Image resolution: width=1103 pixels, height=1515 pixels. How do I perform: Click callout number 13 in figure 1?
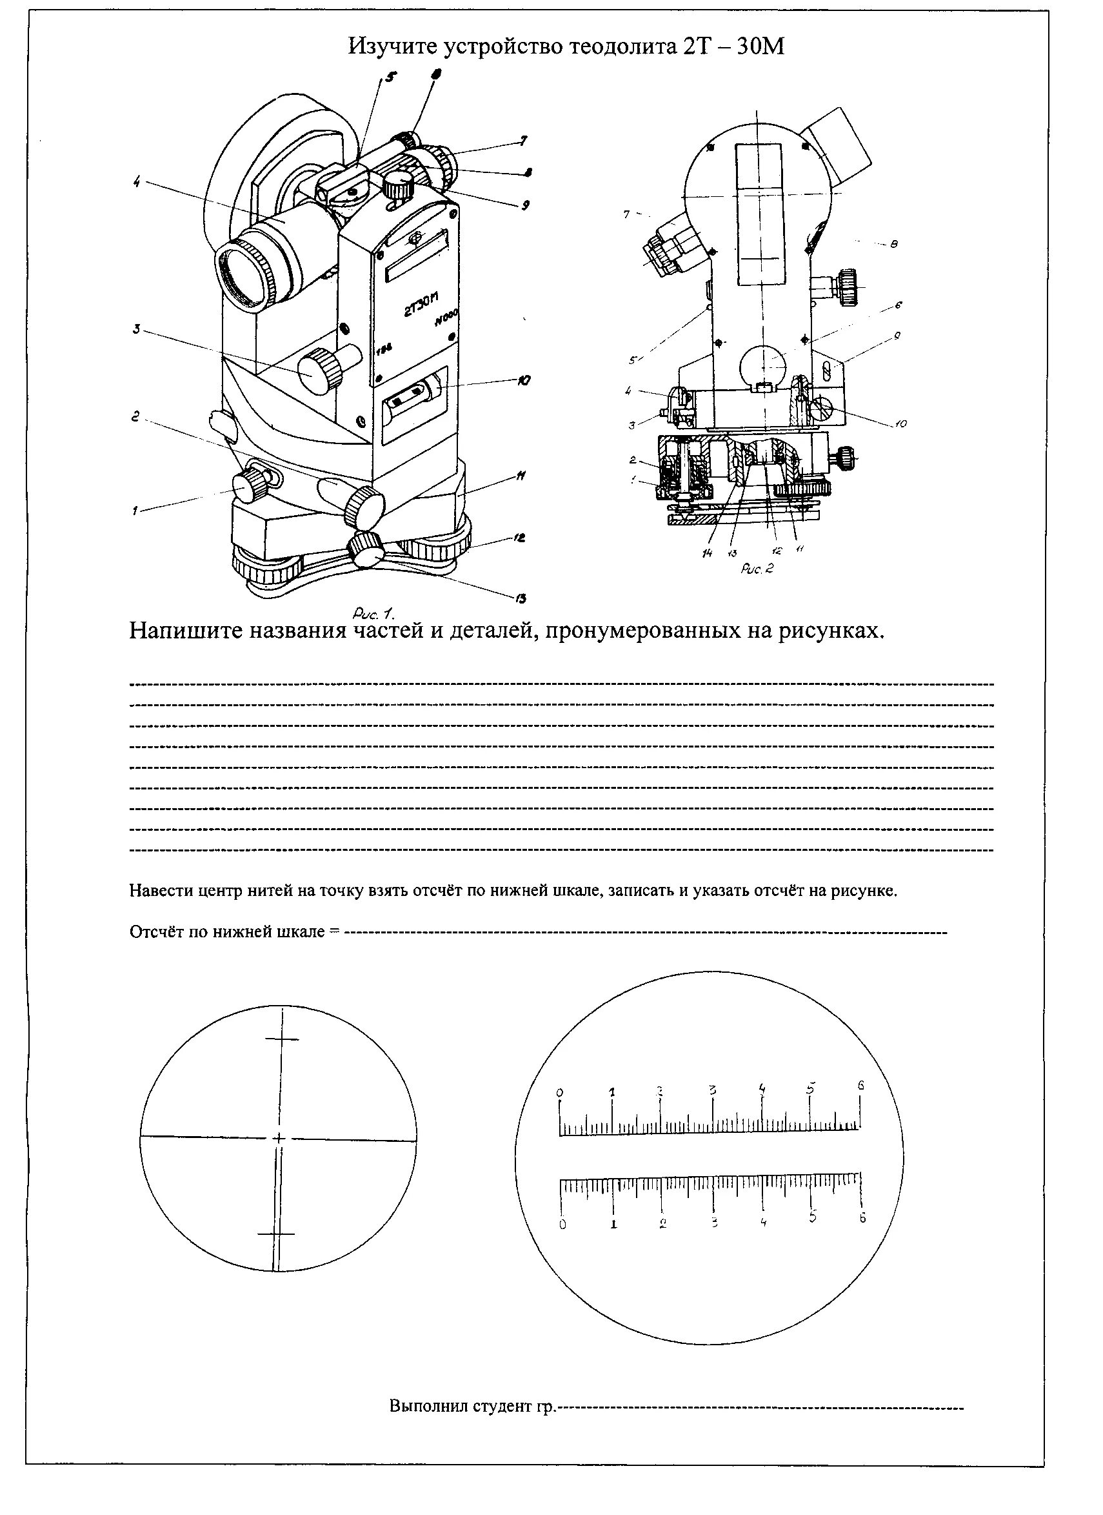521,598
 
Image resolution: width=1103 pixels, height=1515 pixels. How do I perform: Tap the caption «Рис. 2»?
757,569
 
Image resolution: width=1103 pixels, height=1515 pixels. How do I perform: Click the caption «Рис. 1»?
373,613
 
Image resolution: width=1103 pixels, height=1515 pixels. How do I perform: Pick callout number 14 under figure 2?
707,553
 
